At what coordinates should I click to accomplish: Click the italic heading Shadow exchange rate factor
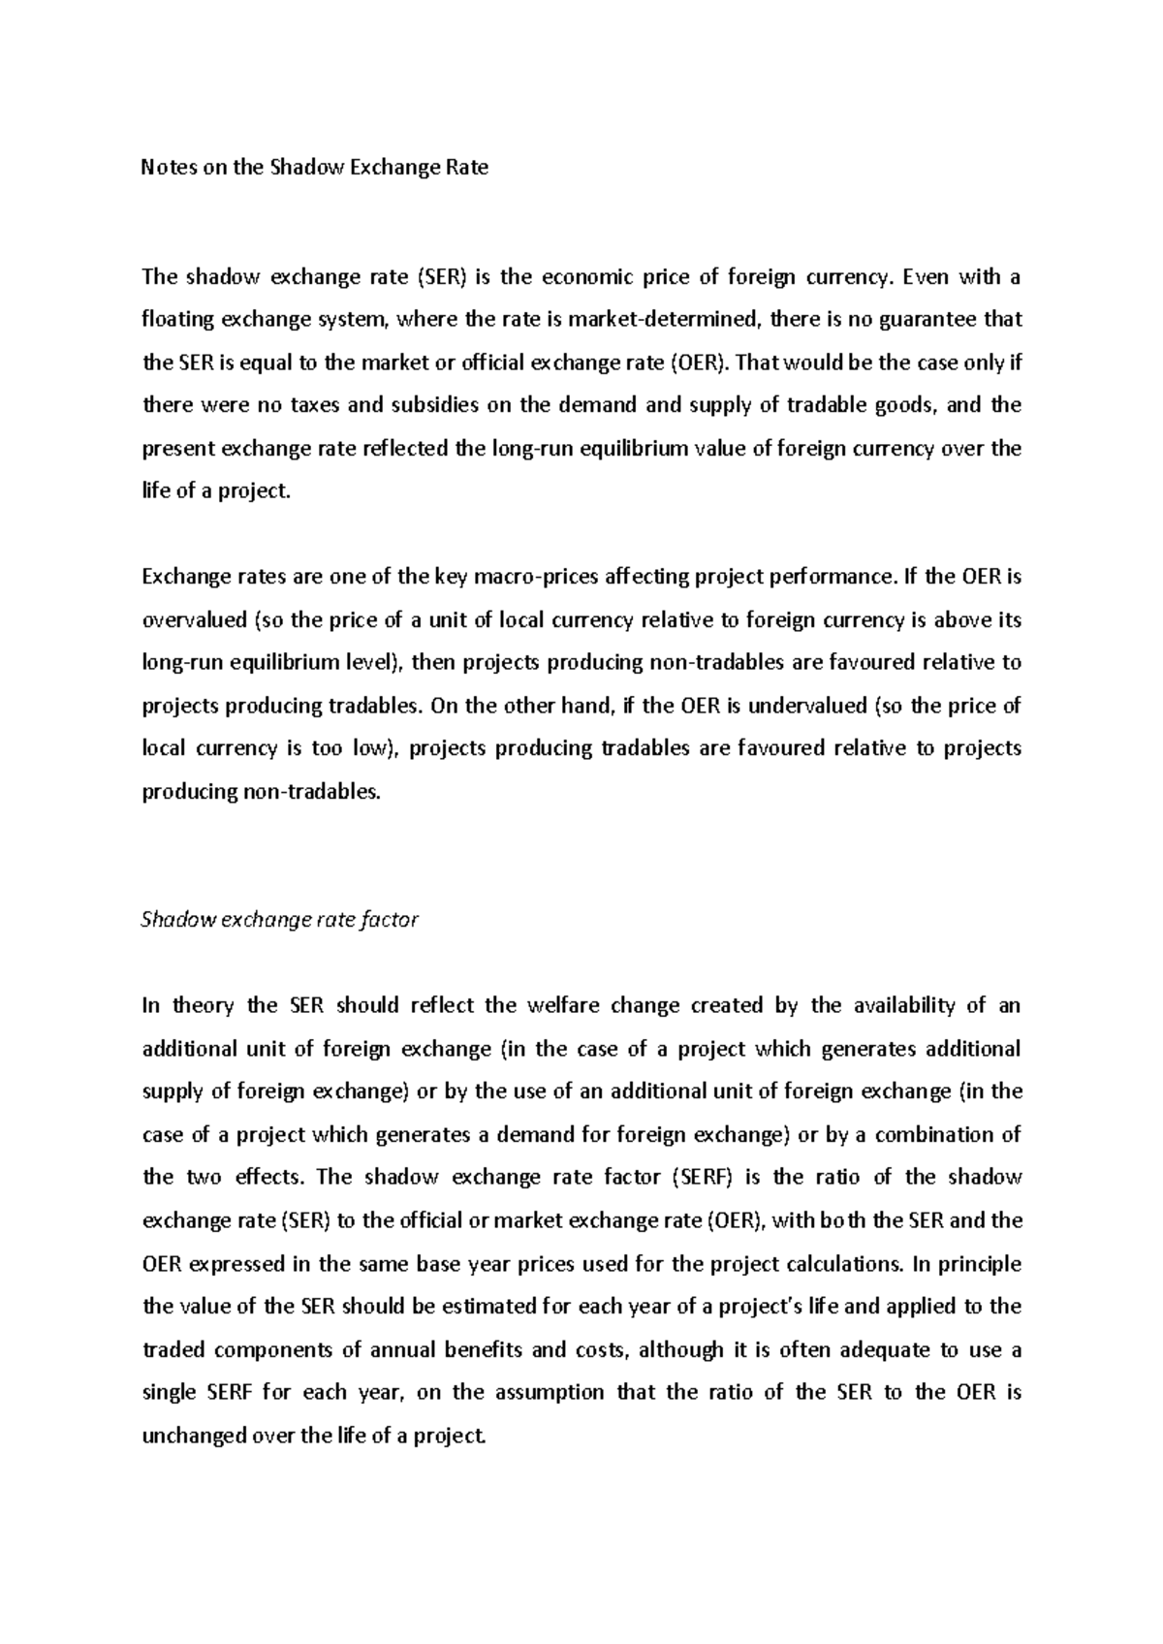point(279,920)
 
